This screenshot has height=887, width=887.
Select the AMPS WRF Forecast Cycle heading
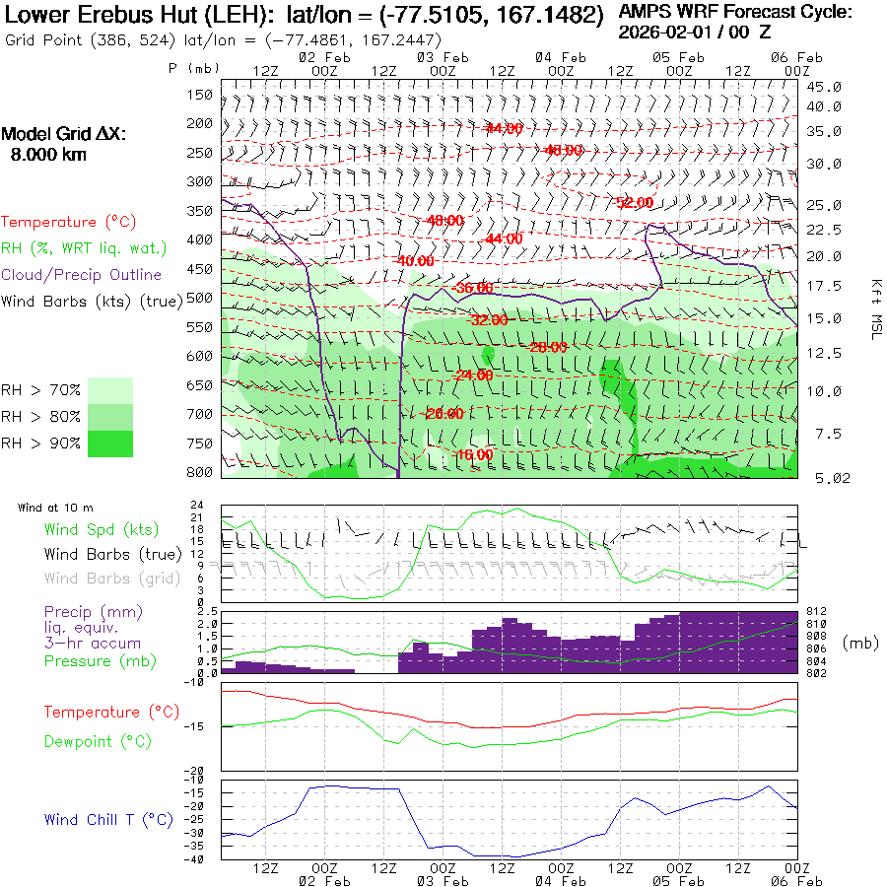coord(734,12)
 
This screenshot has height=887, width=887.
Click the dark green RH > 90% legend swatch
coord(110,443)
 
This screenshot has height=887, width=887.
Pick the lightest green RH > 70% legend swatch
coord(110,390)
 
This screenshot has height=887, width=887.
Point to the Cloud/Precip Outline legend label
coord(82,274)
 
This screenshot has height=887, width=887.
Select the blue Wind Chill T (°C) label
coord(108,819)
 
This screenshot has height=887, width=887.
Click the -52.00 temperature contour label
coord(634,202)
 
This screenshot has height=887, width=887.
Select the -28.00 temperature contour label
coord(547,347)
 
